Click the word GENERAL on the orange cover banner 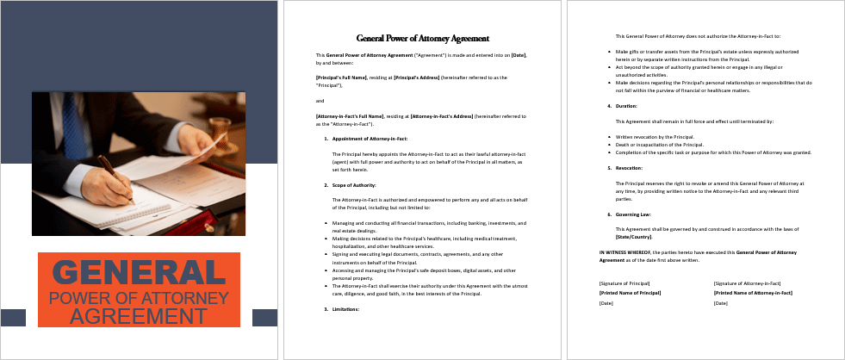pos(139,273)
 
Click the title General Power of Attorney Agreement pos(423,39)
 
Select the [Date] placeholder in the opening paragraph pos(519,55)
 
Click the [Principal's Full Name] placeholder pos(342,78)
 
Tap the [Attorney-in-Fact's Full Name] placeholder pos(350,115)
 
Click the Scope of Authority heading pos(355,185)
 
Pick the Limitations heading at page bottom pos(346,308)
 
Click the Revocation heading pos(627,168)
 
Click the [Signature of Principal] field pos(624,283)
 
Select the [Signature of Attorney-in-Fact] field pos(747,283)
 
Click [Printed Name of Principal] pos(630,294)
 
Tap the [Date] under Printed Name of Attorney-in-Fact pos(721,303)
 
